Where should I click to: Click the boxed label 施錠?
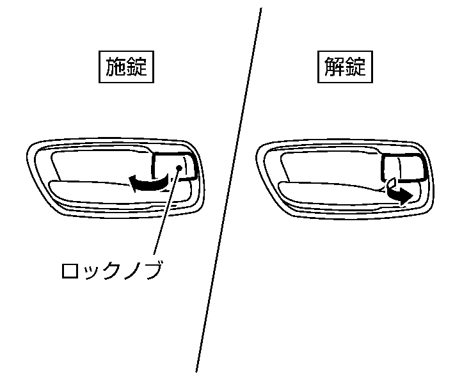pyautogui.click(x=126, y=67)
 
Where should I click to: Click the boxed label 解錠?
pyautogui.click(x=345, y=67)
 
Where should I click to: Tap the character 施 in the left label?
pyautogui.click(x=115, y=67)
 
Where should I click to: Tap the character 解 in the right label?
pyautogui.click(x=335, y=67)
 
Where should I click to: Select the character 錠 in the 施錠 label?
pyautogui.click(x=137, y=67)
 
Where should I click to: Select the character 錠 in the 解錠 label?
pyautogui.click(x=356, y=67)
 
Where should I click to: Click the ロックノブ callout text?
pyautogui.click(x=112, y=270)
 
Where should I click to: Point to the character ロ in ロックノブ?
pyautogui.click(x=70, y=271)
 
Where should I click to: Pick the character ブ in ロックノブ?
pyautogui.click(x=153, y=270)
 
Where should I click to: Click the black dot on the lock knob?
pyautogui.click(x=179, y=168)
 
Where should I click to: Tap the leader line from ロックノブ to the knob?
pyautogui.click(x=166, y=211)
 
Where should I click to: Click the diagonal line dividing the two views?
pyautogui.click(x=228, y=190)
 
